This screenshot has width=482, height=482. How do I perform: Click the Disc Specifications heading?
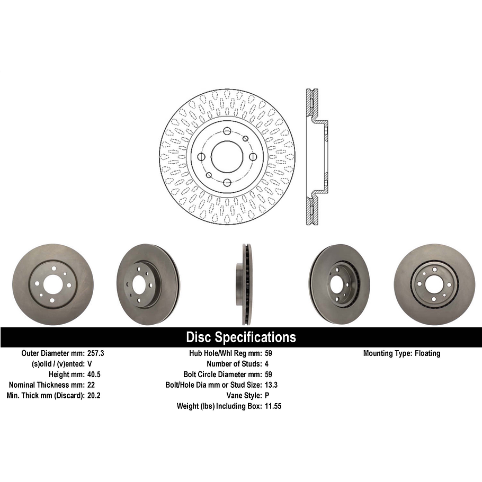(241, 337)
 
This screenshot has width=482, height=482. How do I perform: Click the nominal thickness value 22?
(91, 385)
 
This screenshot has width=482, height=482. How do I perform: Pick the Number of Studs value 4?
(266, 364)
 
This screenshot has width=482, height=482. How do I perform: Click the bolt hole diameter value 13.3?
(271, 385)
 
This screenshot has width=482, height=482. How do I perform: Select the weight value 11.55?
(273, 406)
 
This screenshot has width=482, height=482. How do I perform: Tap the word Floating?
(427, 353)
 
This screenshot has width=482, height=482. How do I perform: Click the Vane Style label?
(243, 396)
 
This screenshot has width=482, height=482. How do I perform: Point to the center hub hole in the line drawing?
(227, 157)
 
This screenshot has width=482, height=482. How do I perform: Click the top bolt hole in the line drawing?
(227, 131)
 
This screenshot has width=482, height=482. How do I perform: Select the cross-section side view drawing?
(316, 157)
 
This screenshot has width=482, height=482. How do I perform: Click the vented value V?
(90, 364)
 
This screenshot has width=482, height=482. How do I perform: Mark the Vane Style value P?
(266, 396)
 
